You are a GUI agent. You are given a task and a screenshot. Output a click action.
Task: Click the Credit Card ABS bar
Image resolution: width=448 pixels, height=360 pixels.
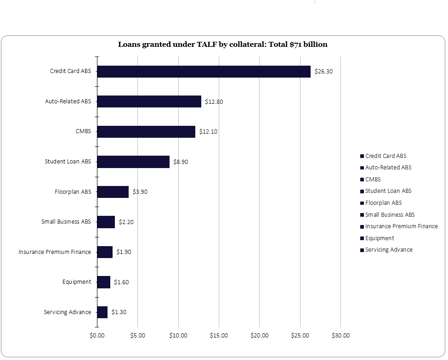point(204,72)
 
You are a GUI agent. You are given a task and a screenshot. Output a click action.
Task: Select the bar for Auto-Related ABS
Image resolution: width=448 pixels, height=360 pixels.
point(149,101)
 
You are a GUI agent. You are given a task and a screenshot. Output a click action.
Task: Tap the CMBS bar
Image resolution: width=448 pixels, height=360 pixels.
point(146,132)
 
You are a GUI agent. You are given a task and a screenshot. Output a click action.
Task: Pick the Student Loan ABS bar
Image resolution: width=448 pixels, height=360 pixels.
point(133,162)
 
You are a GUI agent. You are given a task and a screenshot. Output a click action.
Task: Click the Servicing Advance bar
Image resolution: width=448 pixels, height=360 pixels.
point(102,312)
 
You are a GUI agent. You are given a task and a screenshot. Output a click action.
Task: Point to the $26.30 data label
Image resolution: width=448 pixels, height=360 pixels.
point(323,72)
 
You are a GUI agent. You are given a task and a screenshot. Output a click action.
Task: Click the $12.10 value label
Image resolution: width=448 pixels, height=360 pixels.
point(208,132)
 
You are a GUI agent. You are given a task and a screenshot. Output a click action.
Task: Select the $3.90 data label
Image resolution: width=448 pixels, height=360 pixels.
point(140,192)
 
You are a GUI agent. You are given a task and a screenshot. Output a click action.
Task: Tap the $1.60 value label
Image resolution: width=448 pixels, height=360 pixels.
point(121,282)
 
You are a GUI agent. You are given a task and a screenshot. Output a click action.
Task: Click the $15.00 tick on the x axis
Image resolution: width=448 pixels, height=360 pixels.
point(219,336)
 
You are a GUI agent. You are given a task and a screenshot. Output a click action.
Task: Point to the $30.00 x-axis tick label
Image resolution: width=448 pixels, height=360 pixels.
point(340,336)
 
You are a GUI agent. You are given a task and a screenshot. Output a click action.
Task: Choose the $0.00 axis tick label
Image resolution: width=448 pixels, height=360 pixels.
point(97,336)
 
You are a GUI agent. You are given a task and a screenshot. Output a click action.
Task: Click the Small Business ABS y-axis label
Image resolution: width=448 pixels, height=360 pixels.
point(66,222)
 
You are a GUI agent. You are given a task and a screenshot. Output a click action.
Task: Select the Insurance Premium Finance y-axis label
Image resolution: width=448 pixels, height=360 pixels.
point(55,252)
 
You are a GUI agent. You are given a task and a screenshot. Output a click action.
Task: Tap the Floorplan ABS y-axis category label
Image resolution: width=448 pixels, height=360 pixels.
point(73,192)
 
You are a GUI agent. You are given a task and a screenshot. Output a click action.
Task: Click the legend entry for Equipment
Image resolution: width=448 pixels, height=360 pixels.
point(380,238)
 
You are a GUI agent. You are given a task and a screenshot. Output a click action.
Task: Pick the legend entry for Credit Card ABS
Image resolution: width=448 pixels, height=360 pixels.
point(386,156)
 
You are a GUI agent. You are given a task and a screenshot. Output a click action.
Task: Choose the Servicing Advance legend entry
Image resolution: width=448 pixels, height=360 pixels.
point(389,250)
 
